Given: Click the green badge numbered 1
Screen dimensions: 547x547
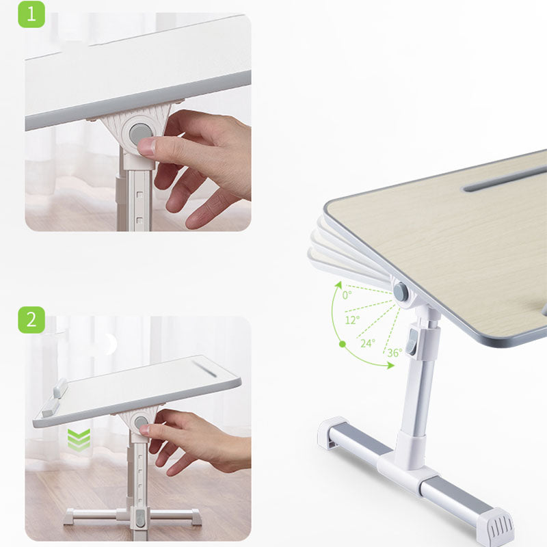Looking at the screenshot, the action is coord(31,14).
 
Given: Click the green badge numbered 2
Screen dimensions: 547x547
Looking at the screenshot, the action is coord(31,319).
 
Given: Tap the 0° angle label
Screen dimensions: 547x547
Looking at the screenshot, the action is coord(347,295).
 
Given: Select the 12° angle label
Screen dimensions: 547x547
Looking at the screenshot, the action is coord(352,319).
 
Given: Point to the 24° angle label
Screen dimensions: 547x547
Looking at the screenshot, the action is coord(368,343).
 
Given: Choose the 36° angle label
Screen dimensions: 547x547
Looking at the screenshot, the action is coord(395,353).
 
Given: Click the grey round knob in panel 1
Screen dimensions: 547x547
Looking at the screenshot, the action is coord(140,133).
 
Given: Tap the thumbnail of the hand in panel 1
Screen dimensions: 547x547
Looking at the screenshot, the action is coord(196,168).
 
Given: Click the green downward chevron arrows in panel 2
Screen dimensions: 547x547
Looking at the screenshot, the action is coord(79,439).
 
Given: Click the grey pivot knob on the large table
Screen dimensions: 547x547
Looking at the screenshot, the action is coord(401,292).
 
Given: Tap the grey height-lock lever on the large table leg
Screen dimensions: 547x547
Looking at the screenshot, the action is coord(413,343).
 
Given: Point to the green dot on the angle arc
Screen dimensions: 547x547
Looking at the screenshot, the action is coord(343,344).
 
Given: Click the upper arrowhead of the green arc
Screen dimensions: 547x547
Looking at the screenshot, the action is coord(338,284).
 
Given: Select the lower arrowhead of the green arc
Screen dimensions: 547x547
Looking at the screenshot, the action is coord(390,365).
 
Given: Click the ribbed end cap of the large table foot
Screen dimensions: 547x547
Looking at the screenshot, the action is coord(495,527).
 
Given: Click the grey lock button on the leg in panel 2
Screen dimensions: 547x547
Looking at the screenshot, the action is coord(140,518).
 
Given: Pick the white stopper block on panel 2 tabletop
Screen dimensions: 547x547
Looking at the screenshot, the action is coord(55,397).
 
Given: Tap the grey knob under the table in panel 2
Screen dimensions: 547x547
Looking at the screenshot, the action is coord(141,423).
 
